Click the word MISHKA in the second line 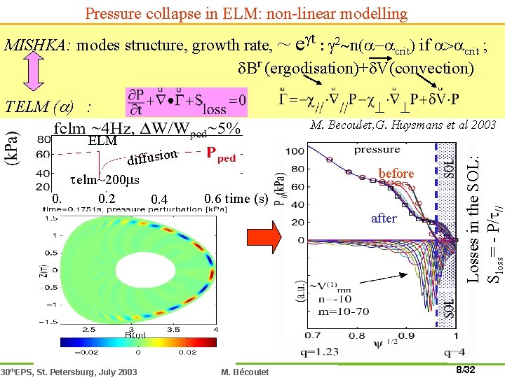[x=36, y=46]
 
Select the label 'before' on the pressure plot [x=396, y=173]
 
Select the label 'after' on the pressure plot [x=384, y=218]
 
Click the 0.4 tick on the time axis [x=159, y=201]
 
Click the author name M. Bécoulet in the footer [x=243, y=372]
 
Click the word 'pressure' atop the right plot [x=377, y=150]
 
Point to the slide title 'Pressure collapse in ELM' [x=245, y=13]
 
